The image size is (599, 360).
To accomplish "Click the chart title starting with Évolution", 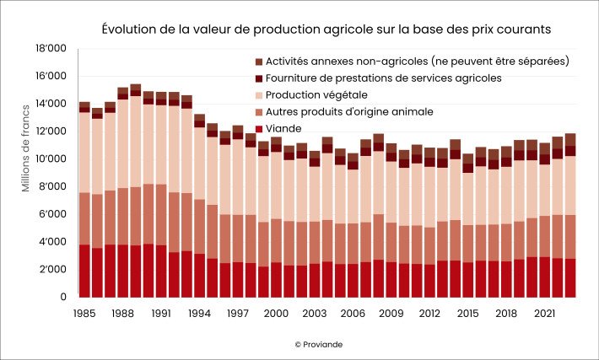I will point(326,29).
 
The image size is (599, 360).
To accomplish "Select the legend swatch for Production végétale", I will point(258,94).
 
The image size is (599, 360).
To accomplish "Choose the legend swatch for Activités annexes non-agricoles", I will point(258,62).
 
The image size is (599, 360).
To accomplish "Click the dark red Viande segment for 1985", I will point(84,271).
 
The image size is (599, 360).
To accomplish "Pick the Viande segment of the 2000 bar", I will point(276,279).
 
